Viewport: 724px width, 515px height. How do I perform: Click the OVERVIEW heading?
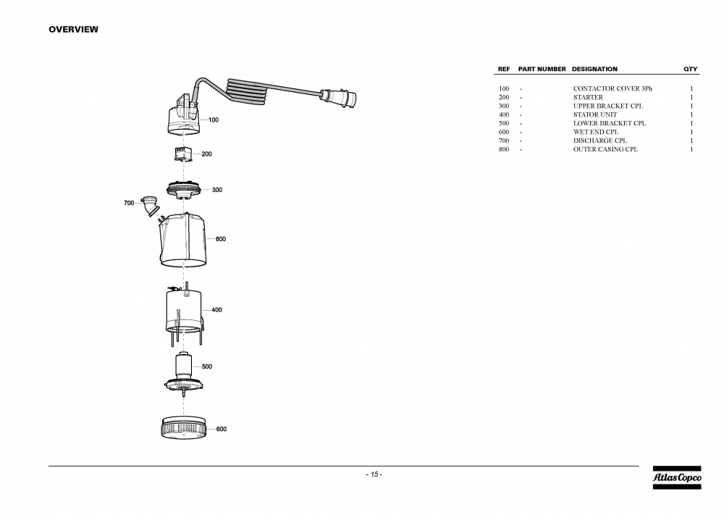73,30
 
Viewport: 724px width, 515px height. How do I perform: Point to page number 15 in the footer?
374,474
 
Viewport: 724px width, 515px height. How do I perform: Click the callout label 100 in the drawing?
214,120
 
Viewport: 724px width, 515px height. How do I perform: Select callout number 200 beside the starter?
206,154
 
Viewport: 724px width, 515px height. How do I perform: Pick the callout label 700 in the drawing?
129,204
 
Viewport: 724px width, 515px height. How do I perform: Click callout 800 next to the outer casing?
221,239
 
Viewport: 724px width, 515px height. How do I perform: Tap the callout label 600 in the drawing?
222,429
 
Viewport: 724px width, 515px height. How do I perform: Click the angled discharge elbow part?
150,205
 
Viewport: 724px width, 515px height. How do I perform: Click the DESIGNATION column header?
594,70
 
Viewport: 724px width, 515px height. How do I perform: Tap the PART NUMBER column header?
542,70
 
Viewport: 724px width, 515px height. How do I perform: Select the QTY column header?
691,70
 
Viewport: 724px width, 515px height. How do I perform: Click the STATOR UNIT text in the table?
595,114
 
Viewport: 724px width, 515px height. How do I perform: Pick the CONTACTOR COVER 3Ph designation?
613,88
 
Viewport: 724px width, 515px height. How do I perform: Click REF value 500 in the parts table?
504,123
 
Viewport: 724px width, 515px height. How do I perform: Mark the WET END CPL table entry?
596,132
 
